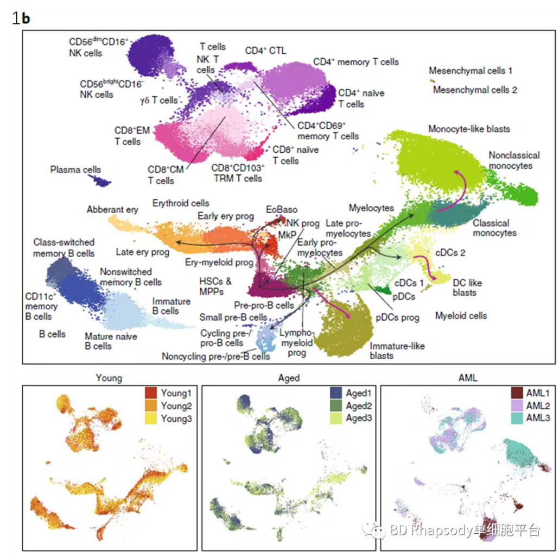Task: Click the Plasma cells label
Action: click(x=75, y=170)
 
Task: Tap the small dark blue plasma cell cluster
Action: click(x=101, y=180)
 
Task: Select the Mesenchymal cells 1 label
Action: click(x=470, y=71)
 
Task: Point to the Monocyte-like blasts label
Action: click(x=469, y=129)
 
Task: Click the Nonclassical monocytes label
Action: click(x=510, y=160)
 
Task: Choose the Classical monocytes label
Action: click(x=494, y=228)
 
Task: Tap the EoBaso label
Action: click(x=281, y=209)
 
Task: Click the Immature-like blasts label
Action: click(x=397, y=351)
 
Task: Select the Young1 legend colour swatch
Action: click(x=151, y=391)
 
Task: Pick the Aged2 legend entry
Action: click(x=357, y=405)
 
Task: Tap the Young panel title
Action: click(x=109, y=378)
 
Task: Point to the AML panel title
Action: click(x=468, y=378)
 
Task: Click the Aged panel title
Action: click(x=288, y=378)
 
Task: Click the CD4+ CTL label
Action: click(x=265, y=51)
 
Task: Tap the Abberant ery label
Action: click(x=112, y=210)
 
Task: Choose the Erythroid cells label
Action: click(x=181, y=203)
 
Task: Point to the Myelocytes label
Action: click(x=371, y=208)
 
